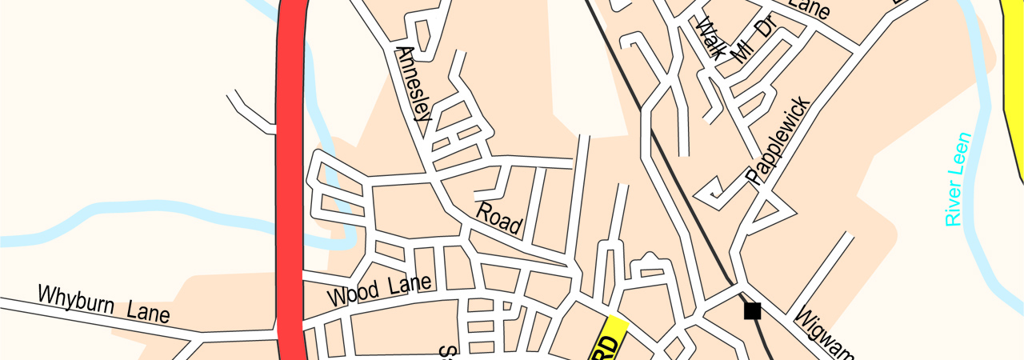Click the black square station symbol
752,310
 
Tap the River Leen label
957,179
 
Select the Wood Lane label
379,289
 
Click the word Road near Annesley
499,218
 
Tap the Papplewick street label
778,141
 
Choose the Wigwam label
824,333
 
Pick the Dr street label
766,27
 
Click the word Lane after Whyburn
145,310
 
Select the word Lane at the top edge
808,8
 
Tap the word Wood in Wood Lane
353,294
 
